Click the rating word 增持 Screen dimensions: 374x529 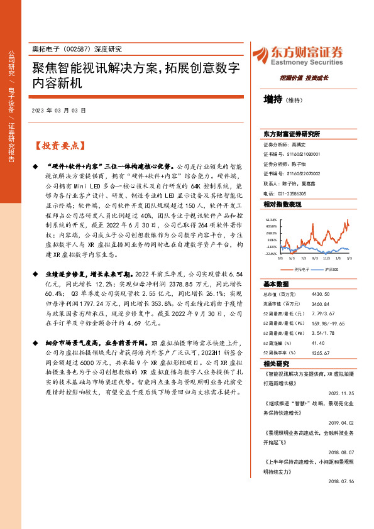(x=273, y=99)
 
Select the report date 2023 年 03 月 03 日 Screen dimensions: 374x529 (x=58, y=111)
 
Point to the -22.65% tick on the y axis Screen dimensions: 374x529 (x=271, y=254)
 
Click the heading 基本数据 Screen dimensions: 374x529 (x=275, y=283)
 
